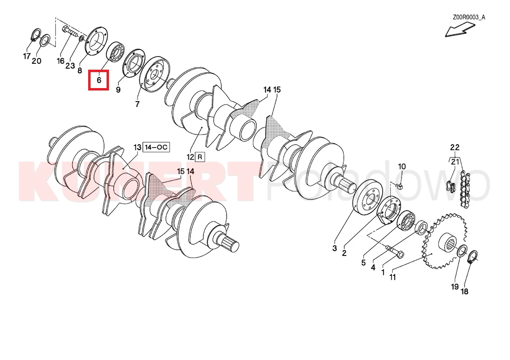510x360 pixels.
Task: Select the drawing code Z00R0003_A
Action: click(x=469, y=17)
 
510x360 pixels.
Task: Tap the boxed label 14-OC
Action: click(x=156, y=147)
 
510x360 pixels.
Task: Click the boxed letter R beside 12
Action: click(x=200, y=157)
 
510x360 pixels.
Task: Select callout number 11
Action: click(x=393, y=277)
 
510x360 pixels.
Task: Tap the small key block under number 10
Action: click(x=400, y=186)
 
